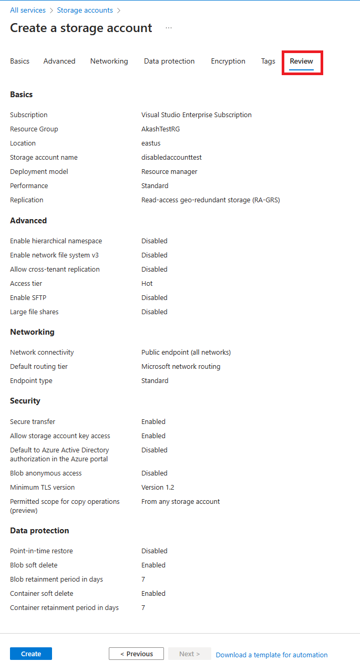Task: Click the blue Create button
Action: (31, 654)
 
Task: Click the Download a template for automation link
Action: (271, 655)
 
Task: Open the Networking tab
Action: (109, 61)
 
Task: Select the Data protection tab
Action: (169, 61)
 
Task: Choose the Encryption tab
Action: (228, 61)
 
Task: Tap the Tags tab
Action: (268, 61)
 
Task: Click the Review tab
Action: (301, 61)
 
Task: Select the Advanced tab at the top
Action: (59, 61)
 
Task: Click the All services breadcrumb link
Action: (28, 11)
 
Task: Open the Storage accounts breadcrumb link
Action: (85, 11)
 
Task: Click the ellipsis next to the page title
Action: (169, 28)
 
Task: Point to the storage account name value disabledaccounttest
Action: (171, 158)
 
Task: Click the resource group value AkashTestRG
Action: (160, 129)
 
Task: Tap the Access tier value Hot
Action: (147, 284)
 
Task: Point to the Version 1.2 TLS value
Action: (158, 488)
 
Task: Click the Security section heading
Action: (25, 401)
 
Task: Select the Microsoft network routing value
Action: (181, 367)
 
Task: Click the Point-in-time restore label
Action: (42, 551)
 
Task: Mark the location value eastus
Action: (151, 143)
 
